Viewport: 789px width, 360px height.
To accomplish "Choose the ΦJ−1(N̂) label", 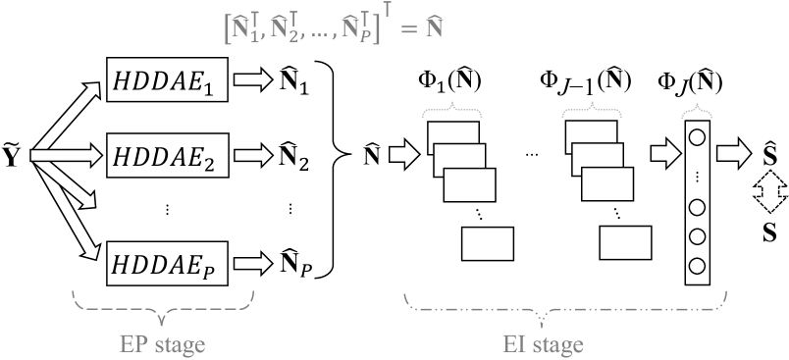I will coord(586,79).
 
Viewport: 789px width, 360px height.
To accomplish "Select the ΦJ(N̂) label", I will coord(695,79).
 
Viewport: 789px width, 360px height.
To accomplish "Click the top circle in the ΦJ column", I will coord(696,137).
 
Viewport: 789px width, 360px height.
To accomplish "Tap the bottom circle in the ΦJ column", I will coord(696,265).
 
